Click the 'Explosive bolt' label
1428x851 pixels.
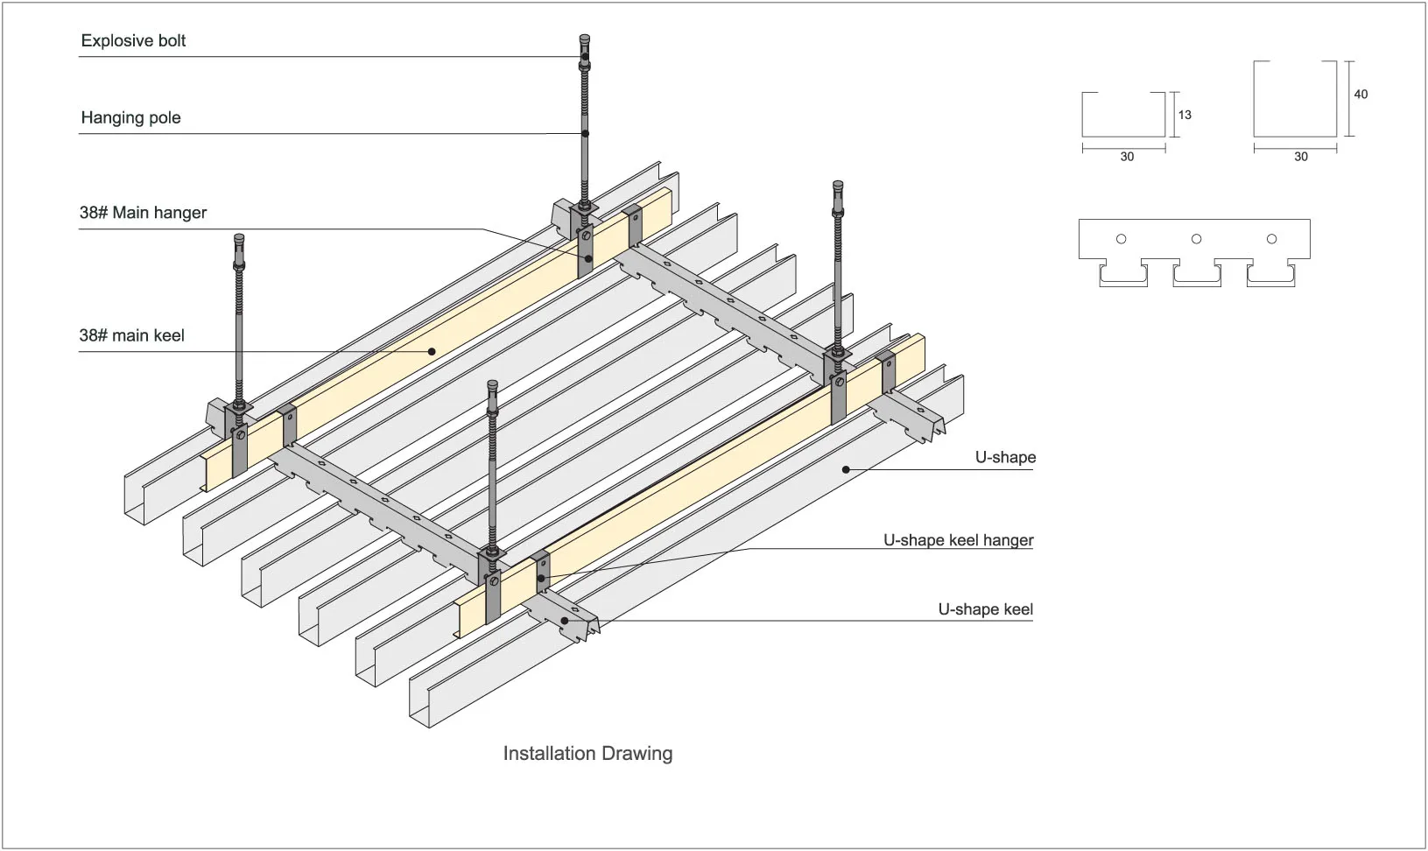pos(133,41)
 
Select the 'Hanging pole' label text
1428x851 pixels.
pos(130,117)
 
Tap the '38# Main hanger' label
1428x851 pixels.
pos(143,212)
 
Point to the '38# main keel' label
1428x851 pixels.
pos(131,335)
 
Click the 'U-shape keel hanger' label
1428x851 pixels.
pos(958,540)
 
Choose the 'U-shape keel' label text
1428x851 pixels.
pos(986,609)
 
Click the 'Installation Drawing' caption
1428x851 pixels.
pos(587,754)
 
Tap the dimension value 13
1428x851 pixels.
pos(1185,115)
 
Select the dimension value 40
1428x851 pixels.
pos(1361,95)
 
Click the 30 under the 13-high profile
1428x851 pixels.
pos(1127,157)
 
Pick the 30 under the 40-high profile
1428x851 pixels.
pos(1301,157)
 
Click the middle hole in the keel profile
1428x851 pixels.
pos(1197,239)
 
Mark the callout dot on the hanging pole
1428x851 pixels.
pos(585,134)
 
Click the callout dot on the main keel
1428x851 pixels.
pos(432,351)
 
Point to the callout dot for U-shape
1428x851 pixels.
pos(846,470)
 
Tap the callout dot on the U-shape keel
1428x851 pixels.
pos(565,620)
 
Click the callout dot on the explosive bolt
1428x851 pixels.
pos(585,57)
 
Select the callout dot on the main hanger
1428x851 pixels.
pos(588,259)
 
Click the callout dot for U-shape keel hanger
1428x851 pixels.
pos(541,579)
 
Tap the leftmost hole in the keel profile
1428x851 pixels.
pos(1122,239)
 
